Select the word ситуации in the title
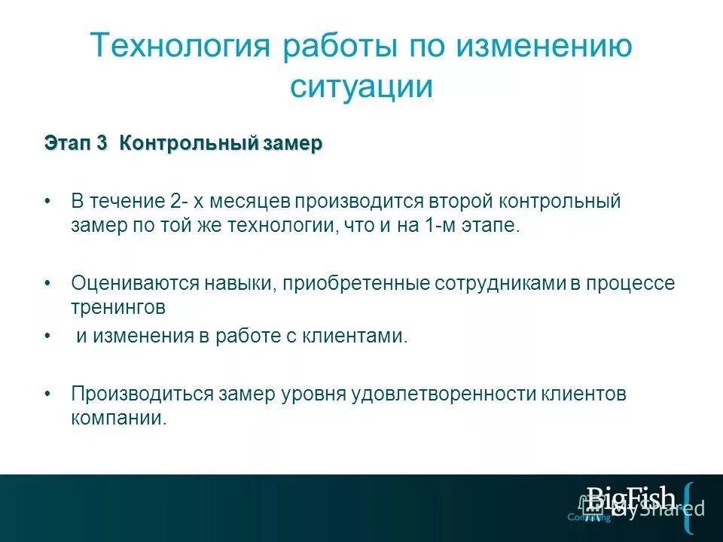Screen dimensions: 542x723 click(361, 87)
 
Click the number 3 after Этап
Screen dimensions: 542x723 click(102, 144)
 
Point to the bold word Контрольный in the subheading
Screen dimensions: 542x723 click(188, 144)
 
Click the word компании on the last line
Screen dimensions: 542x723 click(117, 419)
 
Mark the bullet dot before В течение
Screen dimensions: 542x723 click(47, 202)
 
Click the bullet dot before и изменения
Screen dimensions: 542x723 click(47, 336)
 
